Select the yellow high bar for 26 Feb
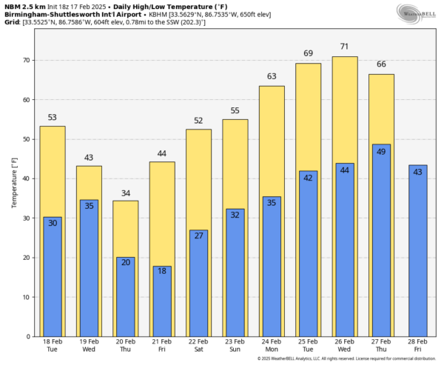click(x=345, y=111)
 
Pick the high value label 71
click(x=345, y=47)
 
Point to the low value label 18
click(x=162, y=272)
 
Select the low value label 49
click(x=381, y=151)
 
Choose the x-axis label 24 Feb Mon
click(x=272, y=345)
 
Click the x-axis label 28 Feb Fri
click(x=418, y=345)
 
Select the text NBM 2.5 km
click(x=24, y=5)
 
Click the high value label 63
click(x=272, y=76)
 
